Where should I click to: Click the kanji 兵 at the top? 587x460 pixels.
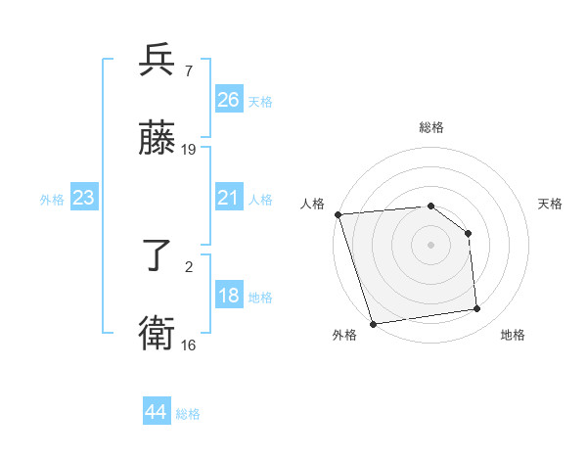pos(158,61)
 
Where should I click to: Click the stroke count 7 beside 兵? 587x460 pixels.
pos(188,70)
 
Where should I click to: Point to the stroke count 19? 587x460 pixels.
pos(189,150)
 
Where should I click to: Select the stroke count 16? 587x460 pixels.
pos(189,345)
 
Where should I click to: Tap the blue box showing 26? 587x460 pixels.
pos(228,99)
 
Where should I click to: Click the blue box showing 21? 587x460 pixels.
pos(228,198)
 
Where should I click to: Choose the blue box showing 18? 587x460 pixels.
pos(228,296)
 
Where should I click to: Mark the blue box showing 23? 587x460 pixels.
pos(83,198)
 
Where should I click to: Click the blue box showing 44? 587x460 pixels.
pos(156,412)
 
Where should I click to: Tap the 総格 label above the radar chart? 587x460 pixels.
pos(430,127)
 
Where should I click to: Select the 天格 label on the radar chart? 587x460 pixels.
pos(550,205)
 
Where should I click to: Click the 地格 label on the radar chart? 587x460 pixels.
pos(513,336)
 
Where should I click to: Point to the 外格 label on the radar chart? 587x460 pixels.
pos(344,336)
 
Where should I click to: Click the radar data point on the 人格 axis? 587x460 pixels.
pos(338,214)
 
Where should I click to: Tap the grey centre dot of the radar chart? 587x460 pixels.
pos(430,244)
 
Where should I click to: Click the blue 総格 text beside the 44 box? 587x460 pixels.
pos(188,414)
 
